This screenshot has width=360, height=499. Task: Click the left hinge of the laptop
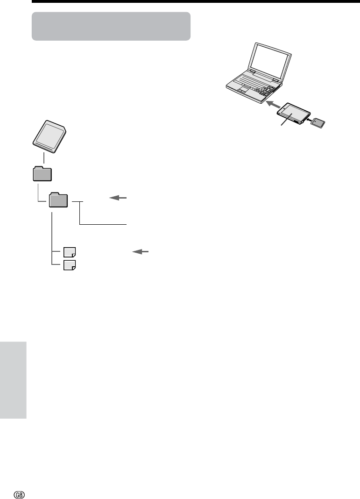coord(252,72)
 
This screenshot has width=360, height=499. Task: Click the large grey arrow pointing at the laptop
coord(273,104)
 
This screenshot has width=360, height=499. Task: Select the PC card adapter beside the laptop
coord(294,113)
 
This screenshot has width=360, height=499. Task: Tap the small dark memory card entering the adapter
coord(318,123)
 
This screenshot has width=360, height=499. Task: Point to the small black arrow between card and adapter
coord(308,120)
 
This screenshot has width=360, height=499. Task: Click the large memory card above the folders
coord(49,136)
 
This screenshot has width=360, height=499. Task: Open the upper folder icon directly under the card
coord(42,174)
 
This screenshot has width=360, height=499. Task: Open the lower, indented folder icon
coord(58,200)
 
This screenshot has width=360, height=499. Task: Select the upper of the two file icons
coord(70,252)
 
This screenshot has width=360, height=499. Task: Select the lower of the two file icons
coord(70,265)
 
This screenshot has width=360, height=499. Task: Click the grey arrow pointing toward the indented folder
coord(118,198)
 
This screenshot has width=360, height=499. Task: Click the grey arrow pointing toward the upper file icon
coord(140,252)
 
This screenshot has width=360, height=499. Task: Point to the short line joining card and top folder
coord(43,158)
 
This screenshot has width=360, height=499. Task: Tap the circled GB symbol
coord(19,494)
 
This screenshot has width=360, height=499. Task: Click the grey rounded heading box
coord(111,26)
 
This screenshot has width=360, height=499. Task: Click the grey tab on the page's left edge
coord(13,380)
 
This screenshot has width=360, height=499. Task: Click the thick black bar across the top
coord(196,1)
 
